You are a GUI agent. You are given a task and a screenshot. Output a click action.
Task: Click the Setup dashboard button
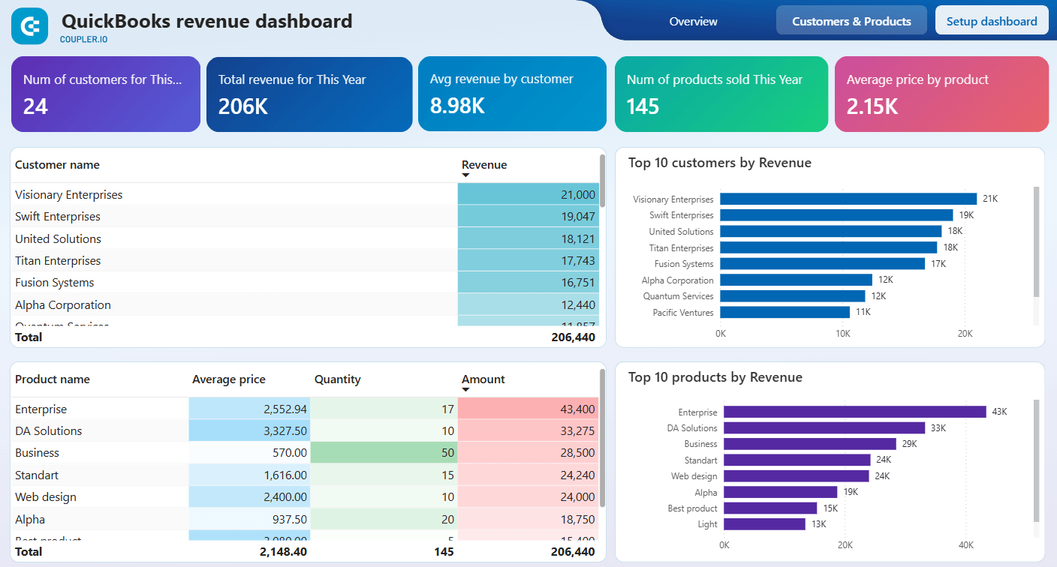(x=991, y=21)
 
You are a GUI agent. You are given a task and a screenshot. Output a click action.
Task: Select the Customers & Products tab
(x=851, y=21)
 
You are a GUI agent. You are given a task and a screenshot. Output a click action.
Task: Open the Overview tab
(x=693, y=22)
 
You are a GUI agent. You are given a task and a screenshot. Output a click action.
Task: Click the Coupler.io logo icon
(x=30, y=26)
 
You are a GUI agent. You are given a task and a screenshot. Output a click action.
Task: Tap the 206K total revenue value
(x=243, y=106)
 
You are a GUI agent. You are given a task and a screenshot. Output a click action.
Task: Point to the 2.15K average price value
(x=872, y=106)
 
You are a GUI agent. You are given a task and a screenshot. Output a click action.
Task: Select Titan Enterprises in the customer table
(x=58, y=261)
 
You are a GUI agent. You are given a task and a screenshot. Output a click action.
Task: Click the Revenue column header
(x=484, y=165)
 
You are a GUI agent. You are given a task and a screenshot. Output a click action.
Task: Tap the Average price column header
(x=228, y=379)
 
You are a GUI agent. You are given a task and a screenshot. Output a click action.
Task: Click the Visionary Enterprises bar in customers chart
(x=848, y=199)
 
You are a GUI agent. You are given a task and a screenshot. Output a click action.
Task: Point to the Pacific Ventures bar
(x=784, y=312)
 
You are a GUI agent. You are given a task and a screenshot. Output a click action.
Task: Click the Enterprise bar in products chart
(x=854, y=412)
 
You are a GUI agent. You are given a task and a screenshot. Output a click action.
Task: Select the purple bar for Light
(x=764, y=524)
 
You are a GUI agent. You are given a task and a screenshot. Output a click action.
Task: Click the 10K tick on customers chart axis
(x=843, y=333)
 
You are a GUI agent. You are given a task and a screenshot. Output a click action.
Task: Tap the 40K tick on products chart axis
(x=966, y=545)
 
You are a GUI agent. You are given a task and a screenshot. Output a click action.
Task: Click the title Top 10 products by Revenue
(x=715, y=377)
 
